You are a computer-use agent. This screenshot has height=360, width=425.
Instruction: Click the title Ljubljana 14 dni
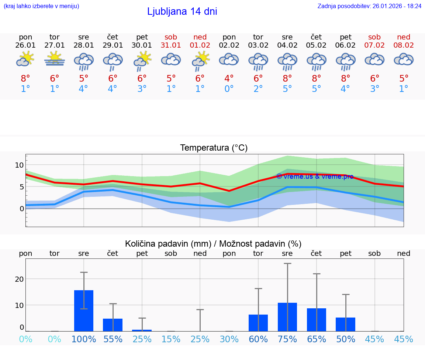182,11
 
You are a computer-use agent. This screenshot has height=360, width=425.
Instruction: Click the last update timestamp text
369,6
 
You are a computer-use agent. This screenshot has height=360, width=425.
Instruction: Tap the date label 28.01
84,45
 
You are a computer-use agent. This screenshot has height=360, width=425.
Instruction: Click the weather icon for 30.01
142,61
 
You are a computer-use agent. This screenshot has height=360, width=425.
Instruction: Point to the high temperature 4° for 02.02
229,79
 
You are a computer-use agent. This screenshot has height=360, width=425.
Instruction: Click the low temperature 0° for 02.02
229,89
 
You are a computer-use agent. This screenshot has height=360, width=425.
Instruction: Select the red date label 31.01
171,45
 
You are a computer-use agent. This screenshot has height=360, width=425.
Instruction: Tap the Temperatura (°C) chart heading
214,148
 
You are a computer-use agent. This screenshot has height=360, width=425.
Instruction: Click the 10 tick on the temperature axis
19,165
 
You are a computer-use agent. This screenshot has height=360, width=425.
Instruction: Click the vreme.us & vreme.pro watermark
315,176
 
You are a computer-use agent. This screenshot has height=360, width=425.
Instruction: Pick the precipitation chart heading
213,244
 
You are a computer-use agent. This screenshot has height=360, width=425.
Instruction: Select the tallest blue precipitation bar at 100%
84,311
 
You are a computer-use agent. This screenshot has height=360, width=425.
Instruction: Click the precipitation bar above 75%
287,317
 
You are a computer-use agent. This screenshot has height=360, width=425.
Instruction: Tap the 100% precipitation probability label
84,339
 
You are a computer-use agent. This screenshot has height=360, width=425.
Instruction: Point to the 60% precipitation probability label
258,339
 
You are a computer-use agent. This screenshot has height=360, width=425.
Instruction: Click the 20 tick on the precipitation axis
19,279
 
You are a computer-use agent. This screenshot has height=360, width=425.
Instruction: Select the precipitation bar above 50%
346,324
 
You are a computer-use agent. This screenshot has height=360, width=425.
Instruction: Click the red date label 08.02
404,45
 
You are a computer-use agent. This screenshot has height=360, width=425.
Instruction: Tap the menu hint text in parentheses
41,6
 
